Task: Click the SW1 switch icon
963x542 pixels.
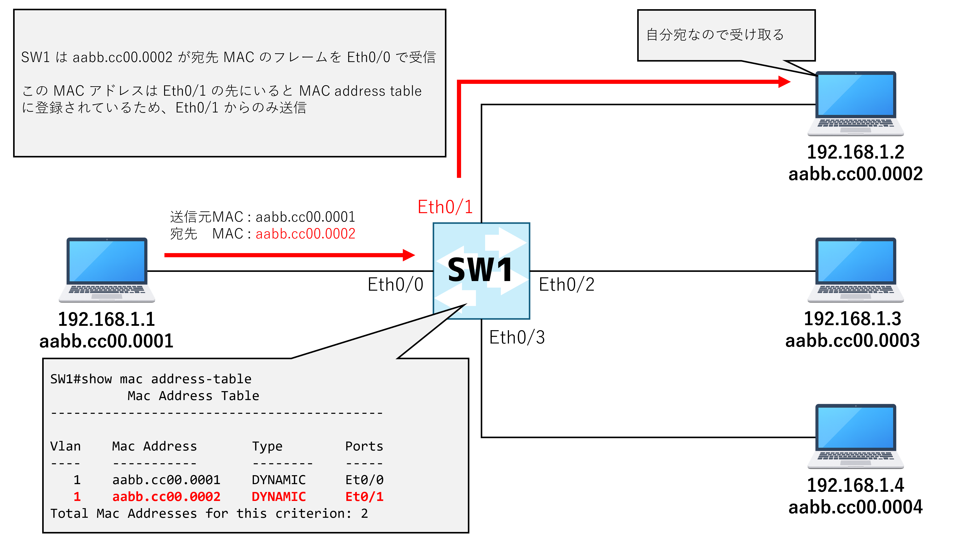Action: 481,271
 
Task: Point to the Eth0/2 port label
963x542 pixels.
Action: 566,284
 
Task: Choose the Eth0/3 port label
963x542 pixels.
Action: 517,337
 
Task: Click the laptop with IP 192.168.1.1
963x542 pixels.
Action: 107,270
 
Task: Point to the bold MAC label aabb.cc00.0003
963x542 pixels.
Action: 852,340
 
